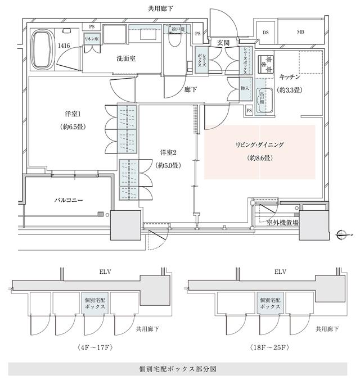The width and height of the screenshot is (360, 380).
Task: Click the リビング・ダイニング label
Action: (x=260, y=145)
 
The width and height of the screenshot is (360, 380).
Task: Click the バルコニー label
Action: (x=69, y=200)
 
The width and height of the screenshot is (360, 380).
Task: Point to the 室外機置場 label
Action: (x=282, y=223)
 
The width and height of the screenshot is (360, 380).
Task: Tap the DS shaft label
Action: (x=265, y=32)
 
